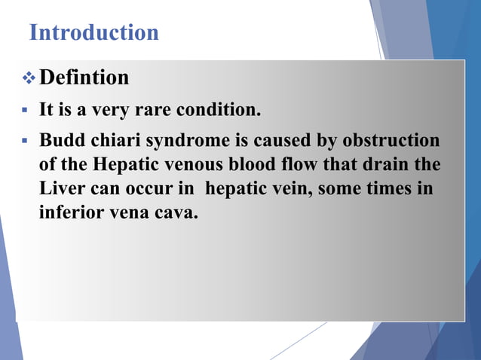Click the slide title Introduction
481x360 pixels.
point(93,33)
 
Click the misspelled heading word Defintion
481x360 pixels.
point(84,78)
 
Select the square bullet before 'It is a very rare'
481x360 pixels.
point(25,111)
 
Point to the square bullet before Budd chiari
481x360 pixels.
point(25,140)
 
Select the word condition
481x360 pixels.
point(218,111)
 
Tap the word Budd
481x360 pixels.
point(60,140)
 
